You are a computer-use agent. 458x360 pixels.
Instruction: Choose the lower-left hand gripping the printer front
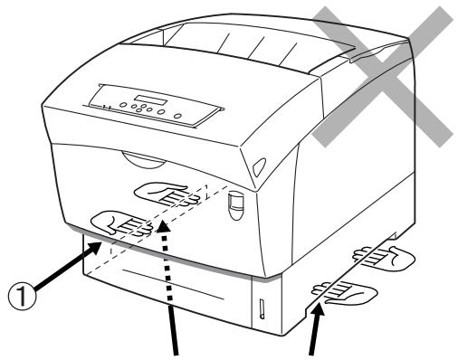click(x=122, y=223)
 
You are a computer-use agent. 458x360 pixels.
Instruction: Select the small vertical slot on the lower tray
click(x=262, y=309)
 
